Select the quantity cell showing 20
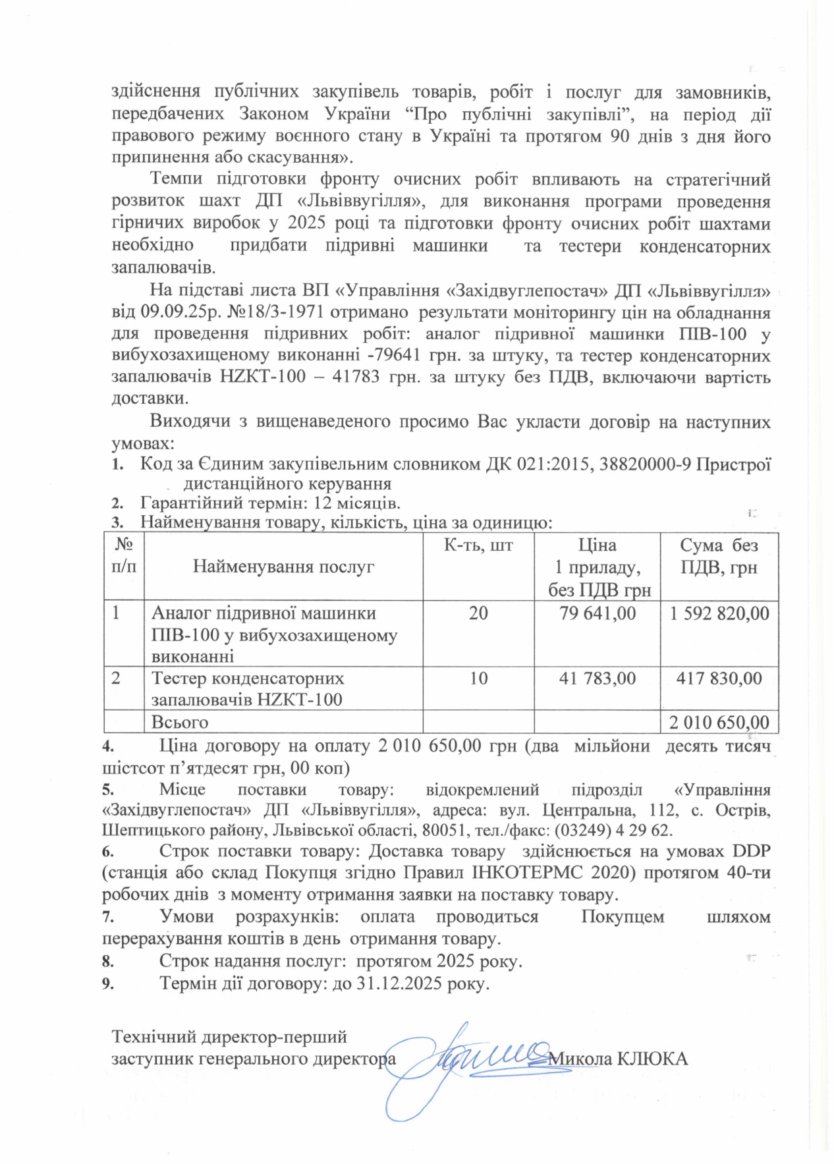pos(478,613)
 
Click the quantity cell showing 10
pos(478,678)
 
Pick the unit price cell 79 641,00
pos(598,613)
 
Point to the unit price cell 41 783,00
pos(598,678)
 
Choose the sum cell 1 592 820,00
pos(719,613)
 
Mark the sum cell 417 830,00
pos(719,678)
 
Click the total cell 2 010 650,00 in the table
pos(719,723)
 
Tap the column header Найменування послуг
pos(283,567)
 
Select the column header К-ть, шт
pos(478,545)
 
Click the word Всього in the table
pos(180,723)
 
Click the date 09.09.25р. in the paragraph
pos(169,312)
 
